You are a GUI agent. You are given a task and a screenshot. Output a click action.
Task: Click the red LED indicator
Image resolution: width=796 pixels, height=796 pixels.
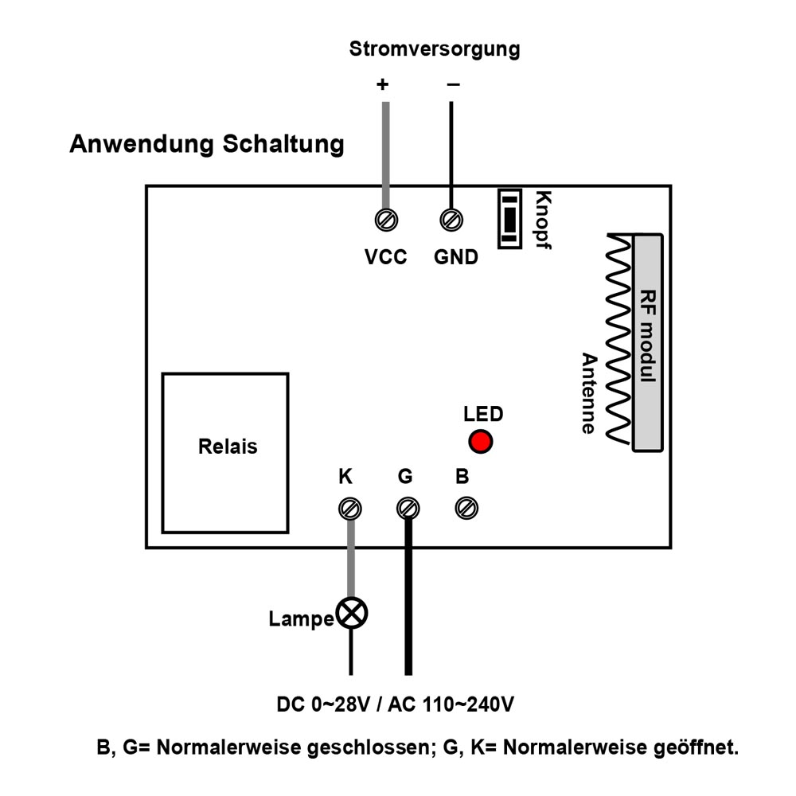pos(480,441)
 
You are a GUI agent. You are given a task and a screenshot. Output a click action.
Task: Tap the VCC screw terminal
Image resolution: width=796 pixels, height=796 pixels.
pos(386,220)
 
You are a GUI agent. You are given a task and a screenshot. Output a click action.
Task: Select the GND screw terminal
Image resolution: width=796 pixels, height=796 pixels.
pos(451,220)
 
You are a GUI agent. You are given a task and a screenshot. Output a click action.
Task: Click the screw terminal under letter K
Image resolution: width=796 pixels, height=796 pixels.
pos(349,509)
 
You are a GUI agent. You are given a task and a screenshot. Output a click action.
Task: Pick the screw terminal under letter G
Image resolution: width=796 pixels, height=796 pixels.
pos(408,508)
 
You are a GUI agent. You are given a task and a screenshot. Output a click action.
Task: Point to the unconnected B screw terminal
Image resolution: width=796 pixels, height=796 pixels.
pos(466,508)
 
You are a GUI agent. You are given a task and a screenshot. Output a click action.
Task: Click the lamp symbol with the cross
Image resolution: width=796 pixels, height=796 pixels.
pos(351,613)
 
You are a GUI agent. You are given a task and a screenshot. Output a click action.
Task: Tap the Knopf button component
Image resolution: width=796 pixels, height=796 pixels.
pos(509,219)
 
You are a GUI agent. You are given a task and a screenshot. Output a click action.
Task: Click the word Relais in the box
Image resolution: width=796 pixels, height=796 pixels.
pos(228,447)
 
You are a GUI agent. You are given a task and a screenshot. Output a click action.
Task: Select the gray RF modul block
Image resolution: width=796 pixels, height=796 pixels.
pos(648,342)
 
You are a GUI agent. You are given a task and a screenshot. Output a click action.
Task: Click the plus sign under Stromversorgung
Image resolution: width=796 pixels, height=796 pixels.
pos(382,84)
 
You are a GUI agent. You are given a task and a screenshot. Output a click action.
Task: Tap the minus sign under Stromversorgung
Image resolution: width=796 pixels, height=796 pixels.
pos(454,84)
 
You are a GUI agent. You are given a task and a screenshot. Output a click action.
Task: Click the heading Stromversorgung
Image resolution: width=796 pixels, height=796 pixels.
pos(435,49)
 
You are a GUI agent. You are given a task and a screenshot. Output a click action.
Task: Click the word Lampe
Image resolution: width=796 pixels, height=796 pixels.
pos(301,619)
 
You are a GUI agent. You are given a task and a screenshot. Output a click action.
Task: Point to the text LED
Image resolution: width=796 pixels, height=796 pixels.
pos(483,414)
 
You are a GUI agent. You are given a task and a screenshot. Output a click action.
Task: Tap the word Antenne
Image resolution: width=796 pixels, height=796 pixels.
pos(589,393)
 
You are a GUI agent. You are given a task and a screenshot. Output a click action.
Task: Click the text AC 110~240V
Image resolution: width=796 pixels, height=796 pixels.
pos(451,704)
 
